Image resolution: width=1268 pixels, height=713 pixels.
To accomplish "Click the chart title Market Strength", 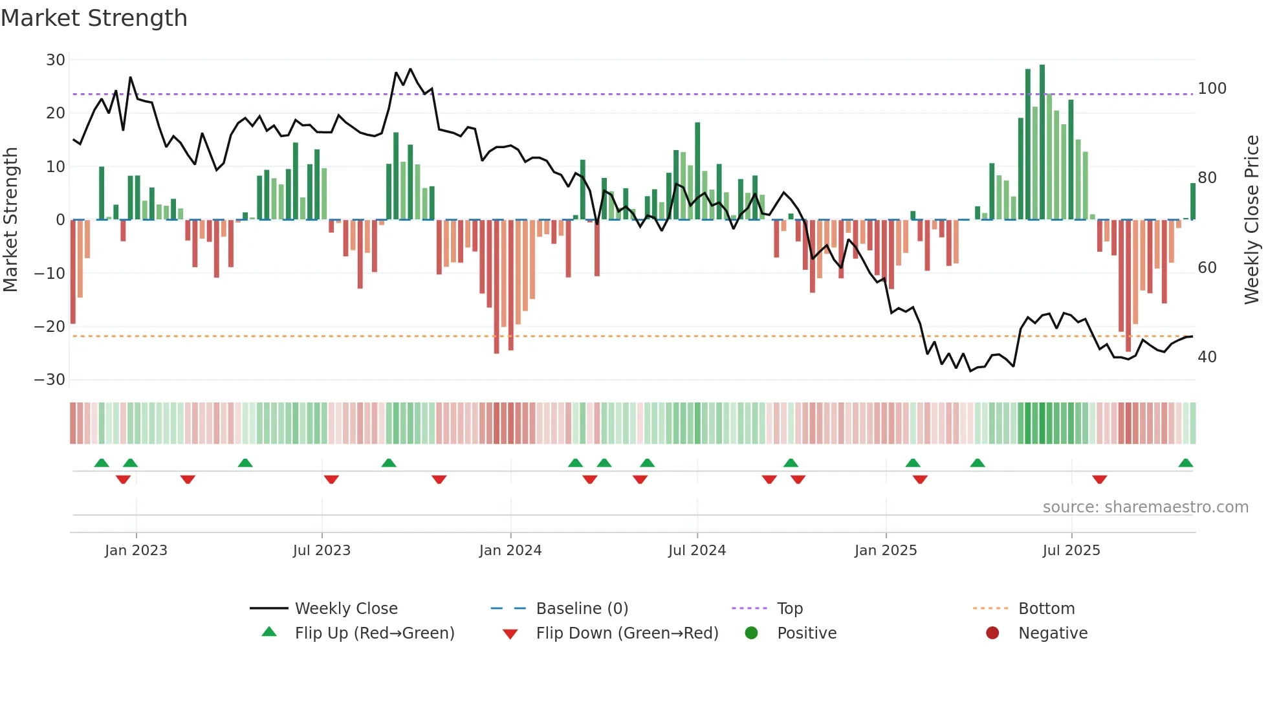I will point(94,18).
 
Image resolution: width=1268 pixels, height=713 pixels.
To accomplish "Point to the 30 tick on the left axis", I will point(56,60).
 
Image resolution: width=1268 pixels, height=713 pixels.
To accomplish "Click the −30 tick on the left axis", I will point(50,380).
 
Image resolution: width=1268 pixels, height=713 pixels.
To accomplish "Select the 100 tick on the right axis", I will point(1212,89).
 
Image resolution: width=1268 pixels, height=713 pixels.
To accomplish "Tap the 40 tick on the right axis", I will point(1207,357).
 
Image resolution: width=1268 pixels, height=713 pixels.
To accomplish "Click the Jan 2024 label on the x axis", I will point(510,551).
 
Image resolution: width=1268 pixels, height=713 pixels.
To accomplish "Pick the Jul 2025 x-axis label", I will point(1071,551).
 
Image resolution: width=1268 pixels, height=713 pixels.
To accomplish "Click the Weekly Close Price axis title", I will point(1252,220).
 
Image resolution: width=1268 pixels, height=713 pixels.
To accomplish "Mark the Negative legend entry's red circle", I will point(992,633).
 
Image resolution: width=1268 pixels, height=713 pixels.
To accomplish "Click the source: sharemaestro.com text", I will point(1145,507).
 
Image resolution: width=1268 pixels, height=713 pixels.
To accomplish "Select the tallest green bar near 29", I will point(1042,142).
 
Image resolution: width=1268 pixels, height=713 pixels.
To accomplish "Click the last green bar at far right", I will point(1193,202).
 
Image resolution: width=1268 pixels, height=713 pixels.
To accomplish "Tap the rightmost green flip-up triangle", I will point(1186,463).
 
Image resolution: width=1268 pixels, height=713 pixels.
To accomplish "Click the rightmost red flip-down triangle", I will point(1100,479).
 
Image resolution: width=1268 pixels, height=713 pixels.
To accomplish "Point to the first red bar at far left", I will point(73,272).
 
